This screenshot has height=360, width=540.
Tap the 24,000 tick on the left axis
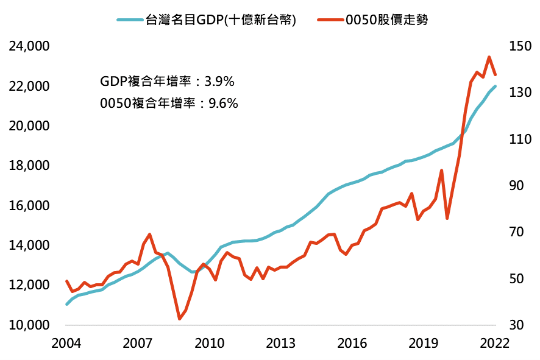click(29, 46)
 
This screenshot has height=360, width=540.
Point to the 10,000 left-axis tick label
click(29, 325)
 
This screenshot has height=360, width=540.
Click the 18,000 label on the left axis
click(29, 166)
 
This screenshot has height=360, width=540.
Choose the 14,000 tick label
click(29, 245)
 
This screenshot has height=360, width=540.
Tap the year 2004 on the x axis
click(66, 342)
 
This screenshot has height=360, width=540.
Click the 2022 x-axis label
click(494, 342)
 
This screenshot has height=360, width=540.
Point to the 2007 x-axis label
click(138, 342)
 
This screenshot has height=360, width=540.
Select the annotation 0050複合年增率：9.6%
click(168, 103)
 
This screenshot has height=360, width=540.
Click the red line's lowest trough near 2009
click(180, 319)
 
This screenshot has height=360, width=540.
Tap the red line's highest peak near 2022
click(489, 57)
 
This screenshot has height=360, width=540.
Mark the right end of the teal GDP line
click(495, 86)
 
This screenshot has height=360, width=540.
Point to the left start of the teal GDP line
click(66, 304)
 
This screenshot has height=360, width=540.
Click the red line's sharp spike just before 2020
click(441, 171)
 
